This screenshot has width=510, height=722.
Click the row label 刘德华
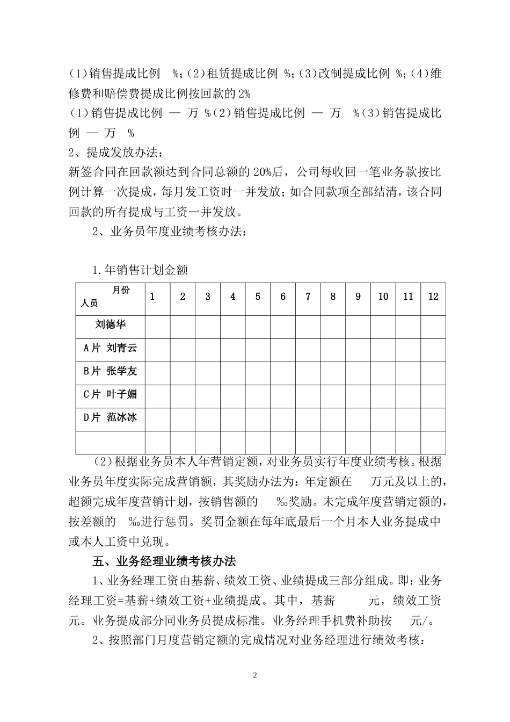pyautogui.click(x=111, y=325)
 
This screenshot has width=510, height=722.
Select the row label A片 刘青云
pyautogui.click(x=110, y=348)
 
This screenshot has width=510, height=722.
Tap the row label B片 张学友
pyautogui.click(x=110, y=371)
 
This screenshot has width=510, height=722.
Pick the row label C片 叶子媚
pyautogui.click(x=110, y=394)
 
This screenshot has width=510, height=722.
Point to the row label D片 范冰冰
pyautogui.click(x=110, y=417)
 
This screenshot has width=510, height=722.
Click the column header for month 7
pyautogui.click(x=308, y=297)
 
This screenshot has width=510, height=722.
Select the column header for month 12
pyautogui.click(x=433, y=297)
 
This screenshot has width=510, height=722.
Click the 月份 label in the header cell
pyautogui.click(x=121, y=290)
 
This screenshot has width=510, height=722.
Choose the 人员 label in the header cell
pyautogui.click(x=89, y=304)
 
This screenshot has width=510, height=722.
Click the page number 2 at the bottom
pyautogui.click(x=255, y=675)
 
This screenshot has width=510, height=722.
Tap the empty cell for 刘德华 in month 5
pyautogui.click(x=258, y=327)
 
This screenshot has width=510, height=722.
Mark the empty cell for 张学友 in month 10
pyautogui.click(x=383, y=373)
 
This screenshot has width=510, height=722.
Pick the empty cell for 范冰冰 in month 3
pyautogui.click(x=208, y=419)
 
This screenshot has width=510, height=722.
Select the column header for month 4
pyautogui.click(x=232, y=297)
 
